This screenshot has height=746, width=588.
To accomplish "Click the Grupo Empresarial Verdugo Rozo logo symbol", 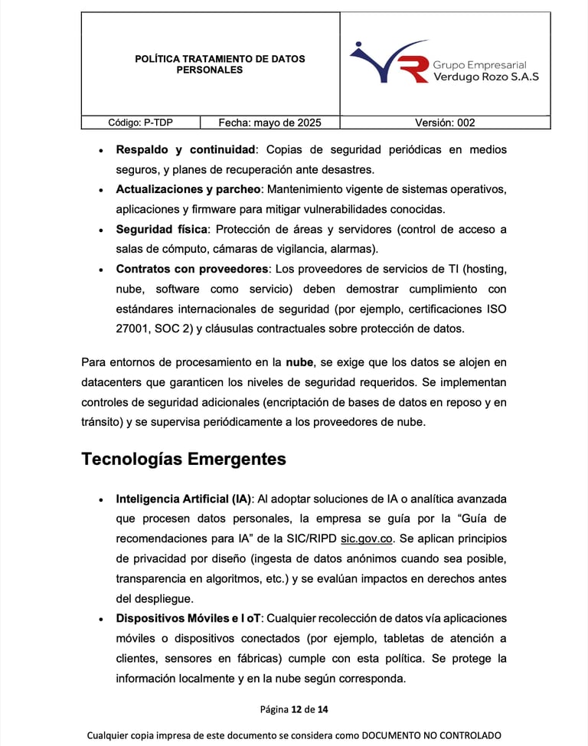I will click(390, 62).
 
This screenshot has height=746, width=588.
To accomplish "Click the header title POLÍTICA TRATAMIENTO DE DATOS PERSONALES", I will click(209, 64).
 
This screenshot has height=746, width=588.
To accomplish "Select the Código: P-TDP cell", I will click(140, 123).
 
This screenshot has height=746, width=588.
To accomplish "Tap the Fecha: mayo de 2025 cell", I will click(269, 123).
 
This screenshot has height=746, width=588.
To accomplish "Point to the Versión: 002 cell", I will click(445, 123).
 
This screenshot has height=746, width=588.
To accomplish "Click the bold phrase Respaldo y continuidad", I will click(185, 149).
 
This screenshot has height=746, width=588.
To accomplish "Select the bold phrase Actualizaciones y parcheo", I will click(189, 189).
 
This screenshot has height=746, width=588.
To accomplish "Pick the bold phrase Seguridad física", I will click(162, 229).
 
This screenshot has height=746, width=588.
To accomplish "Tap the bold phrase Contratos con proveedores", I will click(192, 269).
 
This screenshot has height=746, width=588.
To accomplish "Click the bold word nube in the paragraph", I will click(299, 362).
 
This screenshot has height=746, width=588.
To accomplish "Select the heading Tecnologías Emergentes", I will click(184, 459).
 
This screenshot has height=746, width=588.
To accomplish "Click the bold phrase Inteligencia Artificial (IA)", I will click(184, 499).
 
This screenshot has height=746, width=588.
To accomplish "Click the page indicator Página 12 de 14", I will click(294, 709).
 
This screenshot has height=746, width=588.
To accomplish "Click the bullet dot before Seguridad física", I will click(101, 230).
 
